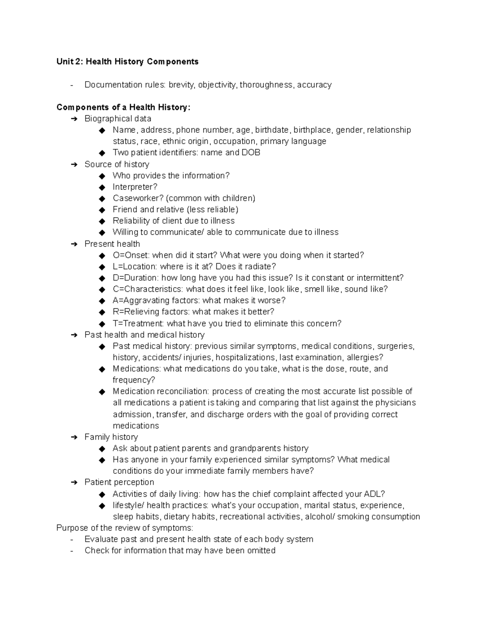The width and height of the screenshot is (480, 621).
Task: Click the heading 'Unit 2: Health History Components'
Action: [x=127, y=62]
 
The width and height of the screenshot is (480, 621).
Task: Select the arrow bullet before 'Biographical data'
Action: [x=74, y=119]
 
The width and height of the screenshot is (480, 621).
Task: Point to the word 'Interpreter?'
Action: [x=135, y=187]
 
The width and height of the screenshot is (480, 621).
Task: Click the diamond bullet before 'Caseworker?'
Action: [x=102, y=198]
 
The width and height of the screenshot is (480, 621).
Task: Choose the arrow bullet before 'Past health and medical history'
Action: [x=74, y=335]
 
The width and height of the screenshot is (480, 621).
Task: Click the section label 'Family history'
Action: [x=111, y=437]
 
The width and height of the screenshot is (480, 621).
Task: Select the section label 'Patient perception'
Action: [x=119, y=482]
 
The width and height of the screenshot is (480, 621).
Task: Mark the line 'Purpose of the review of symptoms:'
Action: [x=124, y=528]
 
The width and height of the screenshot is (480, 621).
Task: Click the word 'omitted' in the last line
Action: [x=260, y=551]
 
